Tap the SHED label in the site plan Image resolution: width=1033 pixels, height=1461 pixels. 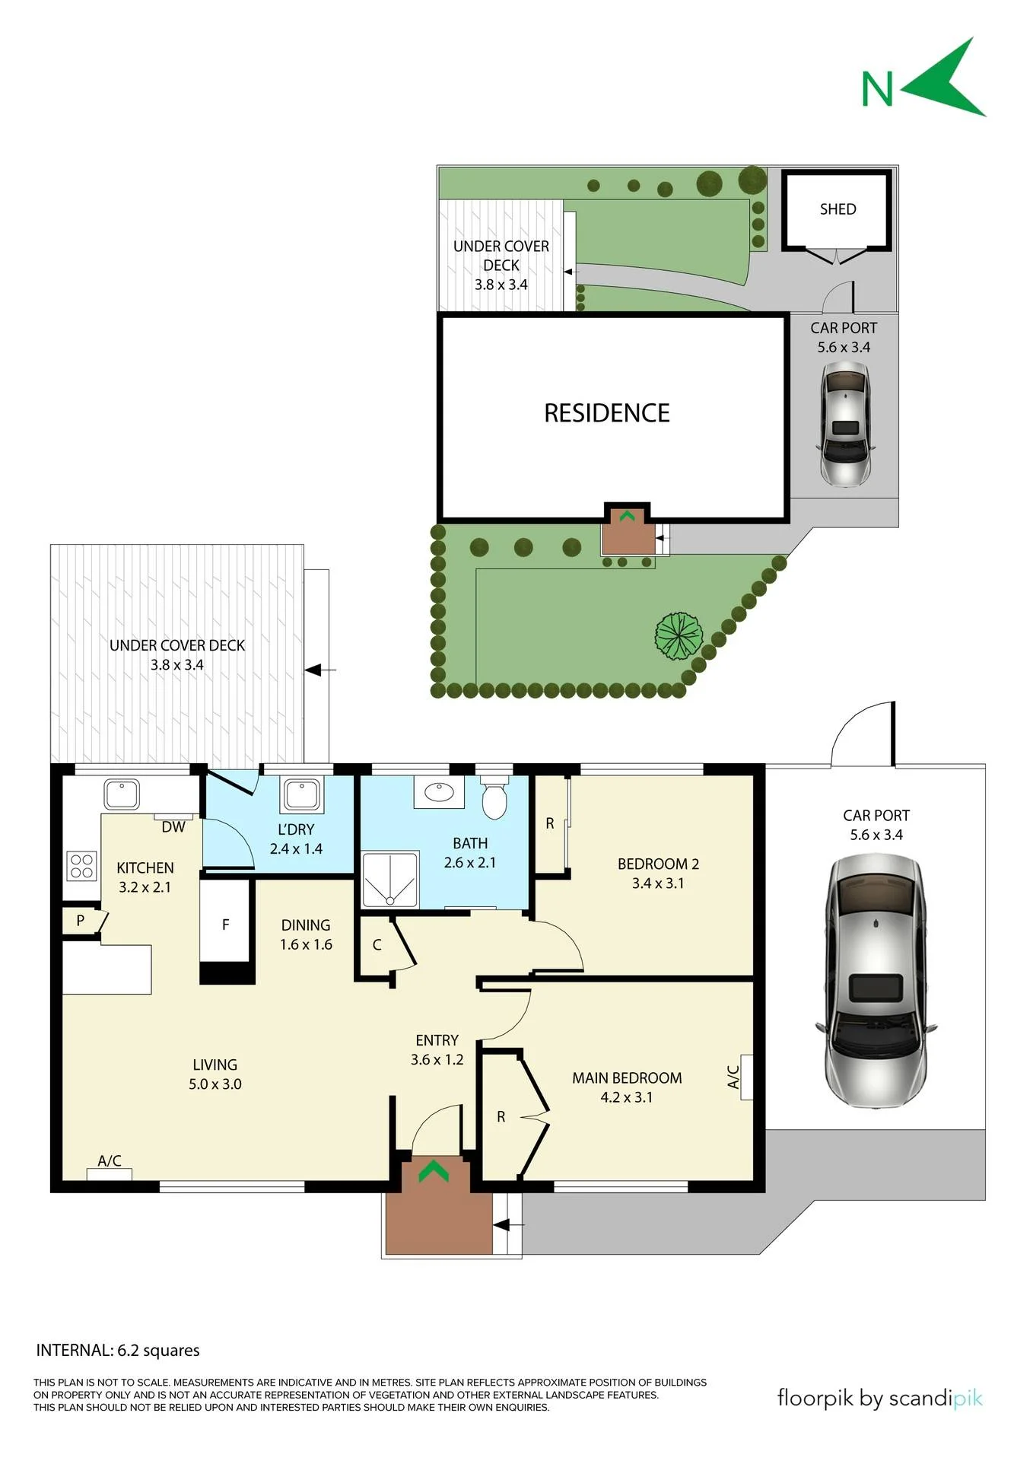click(838, 209)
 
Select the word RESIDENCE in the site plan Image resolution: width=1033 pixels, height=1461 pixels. click(607, 413)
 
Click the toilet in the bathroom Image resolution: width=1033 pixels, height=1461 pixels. click(494, 797)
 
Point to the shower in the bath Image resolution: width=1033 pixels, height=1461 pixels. click(390, 879)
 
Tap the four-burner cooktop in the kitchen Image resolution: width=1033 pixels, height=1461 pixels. click(82, 865)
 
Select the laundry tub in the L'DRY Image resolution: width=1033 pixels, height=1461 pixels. click(301, 794)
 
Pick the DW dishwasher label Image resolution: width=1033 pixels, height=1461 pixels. click(173, 827)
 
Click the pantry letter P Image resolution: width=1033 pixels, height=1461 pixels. click(80, 921)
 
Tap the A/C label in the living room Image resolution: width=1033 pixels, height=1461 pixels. click(110, 1160)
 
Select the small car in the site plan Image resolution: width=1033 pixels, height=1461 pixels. click(844, 424)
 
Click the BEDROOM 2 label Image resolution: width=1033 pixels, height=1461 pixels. click(658, 864)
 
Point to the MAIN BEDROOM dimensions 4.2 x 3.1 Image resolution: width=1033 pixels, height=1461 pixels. click(626, 1097)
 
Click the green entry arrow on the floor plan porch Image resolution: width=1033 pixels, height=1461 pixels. click(434, 1170)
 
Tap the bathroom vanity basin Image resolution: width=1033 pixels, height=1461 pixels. click(439, 792)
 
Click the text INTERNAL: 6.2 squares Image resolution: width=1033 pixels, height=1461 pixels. click(118, 1351)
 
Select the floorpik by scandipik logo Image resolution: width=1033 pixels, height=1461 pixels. click(880, 1398)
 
